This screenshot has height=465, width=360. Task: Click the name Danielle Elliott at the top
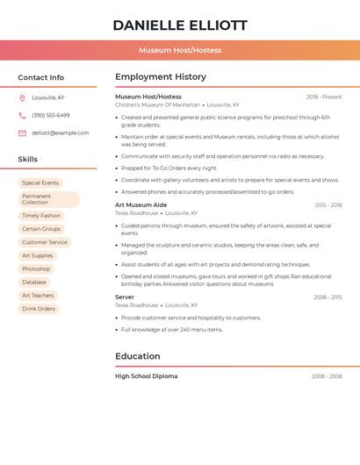[180, 25]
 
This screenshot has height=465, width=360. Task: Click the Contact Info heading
[40, 77]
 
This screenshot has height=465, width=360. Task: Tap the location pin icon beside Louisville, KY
[22, 97]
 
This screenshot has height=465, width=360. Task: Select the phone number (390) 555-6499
[51, 115]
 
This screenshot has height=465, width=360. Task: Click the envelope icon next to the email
[22, 133]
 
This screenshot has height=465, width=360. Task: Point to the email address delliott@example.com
[60, 133]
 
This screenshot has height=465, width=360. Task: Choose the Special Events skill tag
[40, 183]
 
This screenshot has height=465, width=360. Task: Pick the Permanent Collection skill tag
[48, 199]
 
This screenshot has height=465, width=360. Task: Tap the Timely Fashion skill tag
[41, 216]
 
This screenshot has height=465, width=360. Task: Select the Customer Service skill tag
[45, 242]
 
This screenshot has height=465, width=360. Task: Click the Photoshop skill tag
[36, 268]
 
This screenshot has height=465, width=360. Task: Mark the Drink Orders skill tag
[39, 309]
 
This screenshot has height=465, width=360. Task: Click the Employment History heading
[161, 77]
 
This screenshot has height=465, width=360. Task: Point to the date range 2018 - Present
[324, 97]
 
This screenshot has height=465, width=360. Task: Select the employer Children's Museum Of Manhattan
[157, 104]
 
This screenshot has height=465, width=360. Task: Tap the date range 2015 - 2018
[328, 205]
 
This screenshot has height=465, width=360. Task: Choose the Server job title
[125, 297]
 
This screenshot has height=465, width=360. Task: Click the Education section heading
[138, 356]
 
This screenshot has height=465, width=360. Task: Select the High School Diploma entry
[146, 376]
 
